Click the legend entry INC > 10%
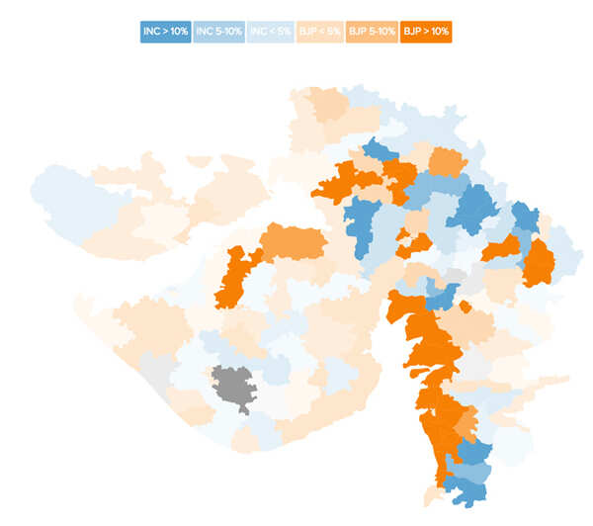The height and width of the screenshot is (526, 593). click(x=164, y=32)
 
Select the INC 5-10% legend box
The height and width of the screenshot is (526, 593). click(x=218, y=32)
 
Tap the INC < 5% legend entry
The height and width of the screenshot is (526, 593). click(x=271, y=32)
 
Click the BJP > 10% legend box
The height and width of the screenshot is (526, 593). click(x=426, y=32)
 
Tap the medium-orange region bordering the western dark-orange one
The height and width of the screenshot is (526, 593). click(x=295, y=241)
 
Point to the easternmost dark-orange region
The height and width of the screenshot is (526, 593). click(x=539, y=263)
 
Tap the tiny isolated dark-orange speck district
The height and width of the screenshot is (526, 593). click(x=465, y=307)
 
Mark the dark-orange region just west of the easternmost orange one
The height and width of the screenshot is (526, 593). click(x=502, y=248)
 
